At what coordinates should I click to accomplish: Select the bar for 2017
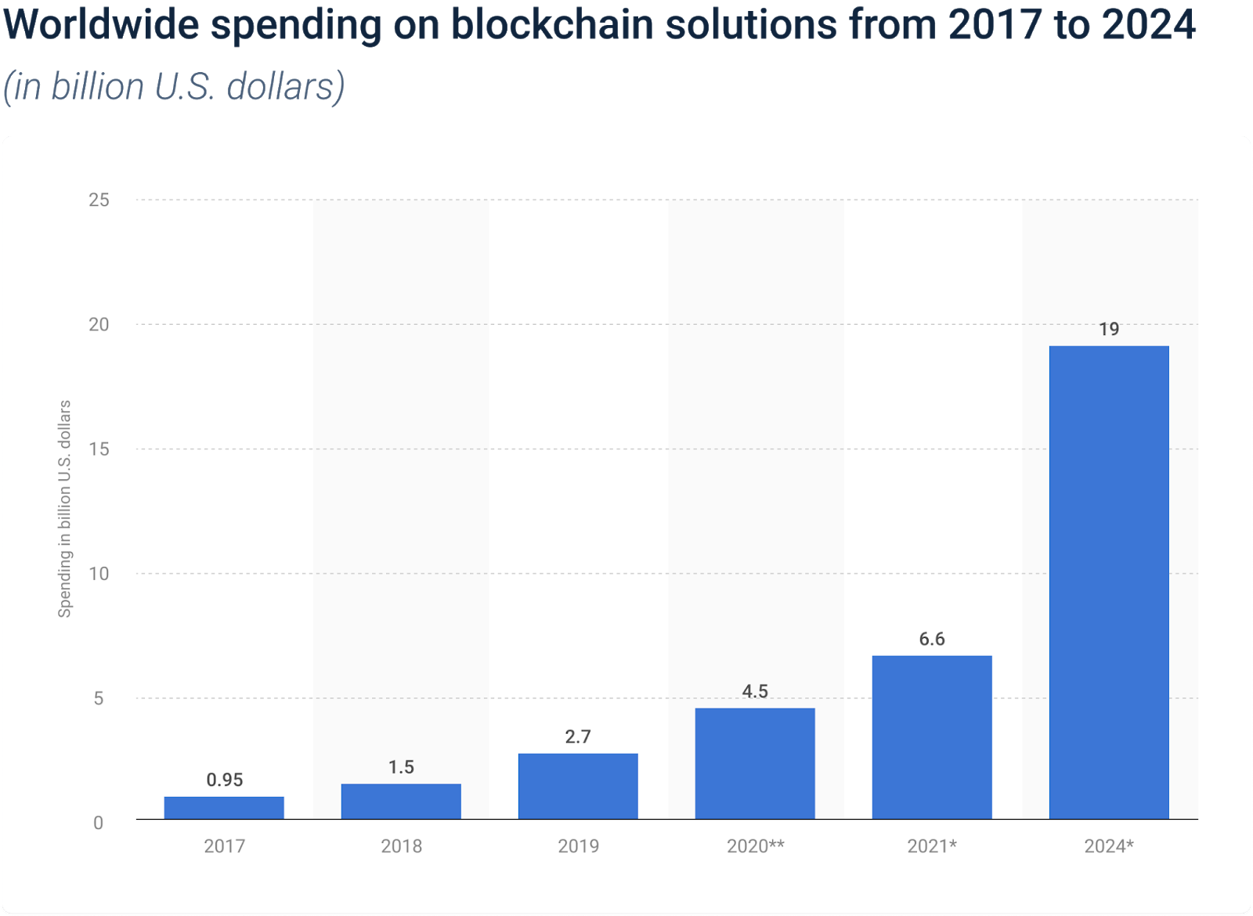click(x=224, y=808)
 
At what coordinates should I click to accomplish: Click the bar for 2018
click(x=401, y=802)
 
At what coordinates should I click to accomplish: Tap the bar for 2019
click(x=578, y=786)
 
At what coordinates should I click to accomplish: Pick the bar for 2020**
click(x=755, y=763)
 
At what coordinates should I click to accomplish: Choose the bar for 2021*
click(x=932, y=737)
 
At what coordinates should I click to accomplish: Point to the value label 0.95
click(x=225, y=780)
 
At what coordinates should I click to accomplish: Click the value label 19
click(x=1109, y=329)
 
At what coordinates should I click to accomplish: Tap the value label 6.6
click(x=932, y=639)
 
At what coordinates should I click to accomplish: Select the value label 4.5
click(x=755, y=691)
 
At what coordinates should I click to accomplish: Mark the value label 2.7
click(x=578, y=737)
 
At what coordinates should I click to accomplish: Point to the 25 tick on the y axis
click(x=99, y=200)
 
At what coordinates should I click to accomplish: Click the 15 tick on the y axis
click(x=99, y=449)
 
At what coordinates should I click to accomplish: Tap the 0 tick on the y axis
click(x=99, y=823)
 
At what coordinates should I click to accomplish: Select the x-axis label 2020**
click(x=755, y=846)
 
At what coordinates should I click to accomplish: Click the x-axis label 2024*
click(x=1109, y=846)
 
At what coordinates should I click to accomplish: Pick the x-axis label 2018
click(x=401, y=846)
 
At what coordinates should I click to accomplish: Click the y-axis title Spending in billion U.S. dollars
click(x=65, y=509)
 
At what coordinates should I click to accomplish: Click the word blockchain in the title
click(x=553, y=25)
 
